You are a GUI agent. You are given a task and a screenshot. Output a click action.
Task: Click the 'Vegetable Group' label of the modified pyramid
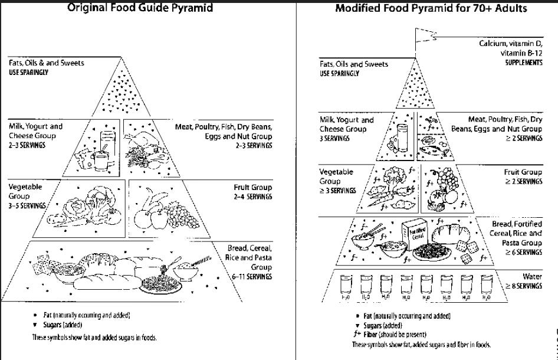[336, 176]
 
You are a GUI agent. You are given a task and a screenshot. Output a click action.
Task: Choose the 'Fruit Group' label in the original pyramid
[252, 187]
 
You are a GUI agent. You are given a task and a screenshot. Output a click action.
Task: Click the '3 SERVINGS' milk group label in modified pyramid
[334, 138]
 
